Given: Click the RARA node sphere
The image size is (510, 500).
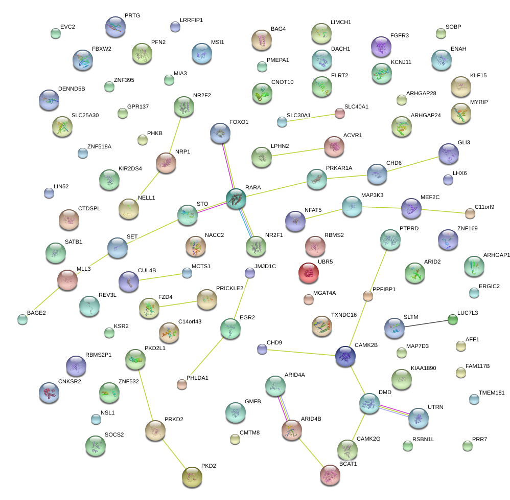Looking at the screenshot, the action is coord(236,198).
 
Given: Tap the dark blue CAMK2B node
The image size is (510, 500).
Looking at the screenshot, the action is coord(345,356).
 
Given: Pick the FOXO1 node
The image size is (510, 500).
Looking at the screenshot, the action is coord(220,133).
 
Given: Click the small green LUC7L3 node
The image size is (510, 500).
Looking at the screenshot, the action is coord(452,320).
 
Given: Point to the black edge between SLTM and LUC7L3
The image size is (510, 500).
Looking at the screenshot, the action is coord(423,323).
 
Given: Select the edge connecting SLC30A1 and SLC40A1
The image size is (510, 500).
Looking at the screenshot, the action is coord(311,117).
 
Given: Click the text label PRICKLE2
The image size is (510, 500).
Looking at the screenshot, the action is coord(229,289).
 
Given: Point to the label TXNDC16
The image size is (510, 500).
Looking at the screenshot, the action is coord(344,315).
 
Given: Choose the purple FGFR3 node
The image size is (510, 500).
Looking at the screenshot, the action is coord(381,47).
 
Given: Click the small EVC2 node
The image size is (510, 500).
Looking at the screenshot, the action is coord(56,34).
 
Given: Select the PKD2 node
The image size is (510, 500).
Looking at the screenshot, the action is coord(192,476).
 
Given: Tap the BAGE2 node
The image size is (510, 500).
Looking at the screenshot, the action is coord(22,319).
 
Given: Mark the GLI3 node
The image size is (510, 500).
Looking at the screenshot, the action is coord(449,153).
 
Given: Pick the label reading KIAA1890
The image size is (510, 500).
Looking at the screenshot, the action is coord(423,368).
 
